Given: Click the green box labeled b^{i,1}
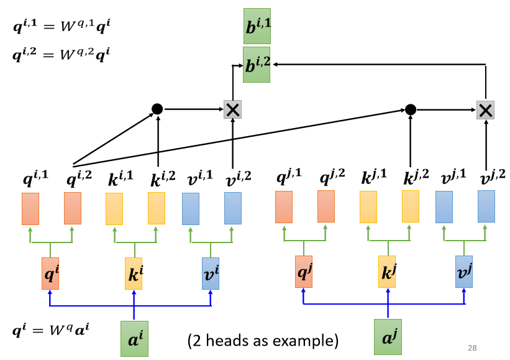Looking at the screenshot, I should (x=257, y=25).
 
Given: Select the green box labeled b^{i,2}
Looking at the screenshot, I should (x=257, y=65).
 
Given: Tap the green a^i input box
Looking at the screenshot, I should (x=134, y=338).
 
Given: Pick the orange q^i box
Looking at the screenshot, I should (x=50, y=274).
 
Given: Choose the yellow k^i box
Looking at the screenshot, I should (x=134, y=274).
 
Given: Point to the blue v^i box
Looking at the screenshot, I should (x=211, y=274).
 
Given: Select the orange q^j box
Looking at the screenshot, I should (x=303, y=272).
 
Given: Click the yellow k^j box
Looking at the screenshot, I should (x=387, y=272).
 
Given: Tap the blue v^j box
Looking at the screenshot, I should (x=464, y=272).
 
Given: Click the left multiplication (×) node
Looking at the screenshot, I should (x=232, y=110).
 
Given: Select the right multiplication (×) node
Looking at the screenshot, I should (x=485, y=110).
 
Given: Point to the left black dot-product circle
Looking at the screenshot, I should (x=157, y=109).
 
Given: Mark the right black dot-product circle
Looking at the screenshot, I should (x=410, y=109).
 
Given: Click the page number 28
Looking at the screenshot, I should (x=471, y=347).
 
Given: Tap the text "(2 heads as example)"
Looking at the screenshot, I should (x=263, y=340).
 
